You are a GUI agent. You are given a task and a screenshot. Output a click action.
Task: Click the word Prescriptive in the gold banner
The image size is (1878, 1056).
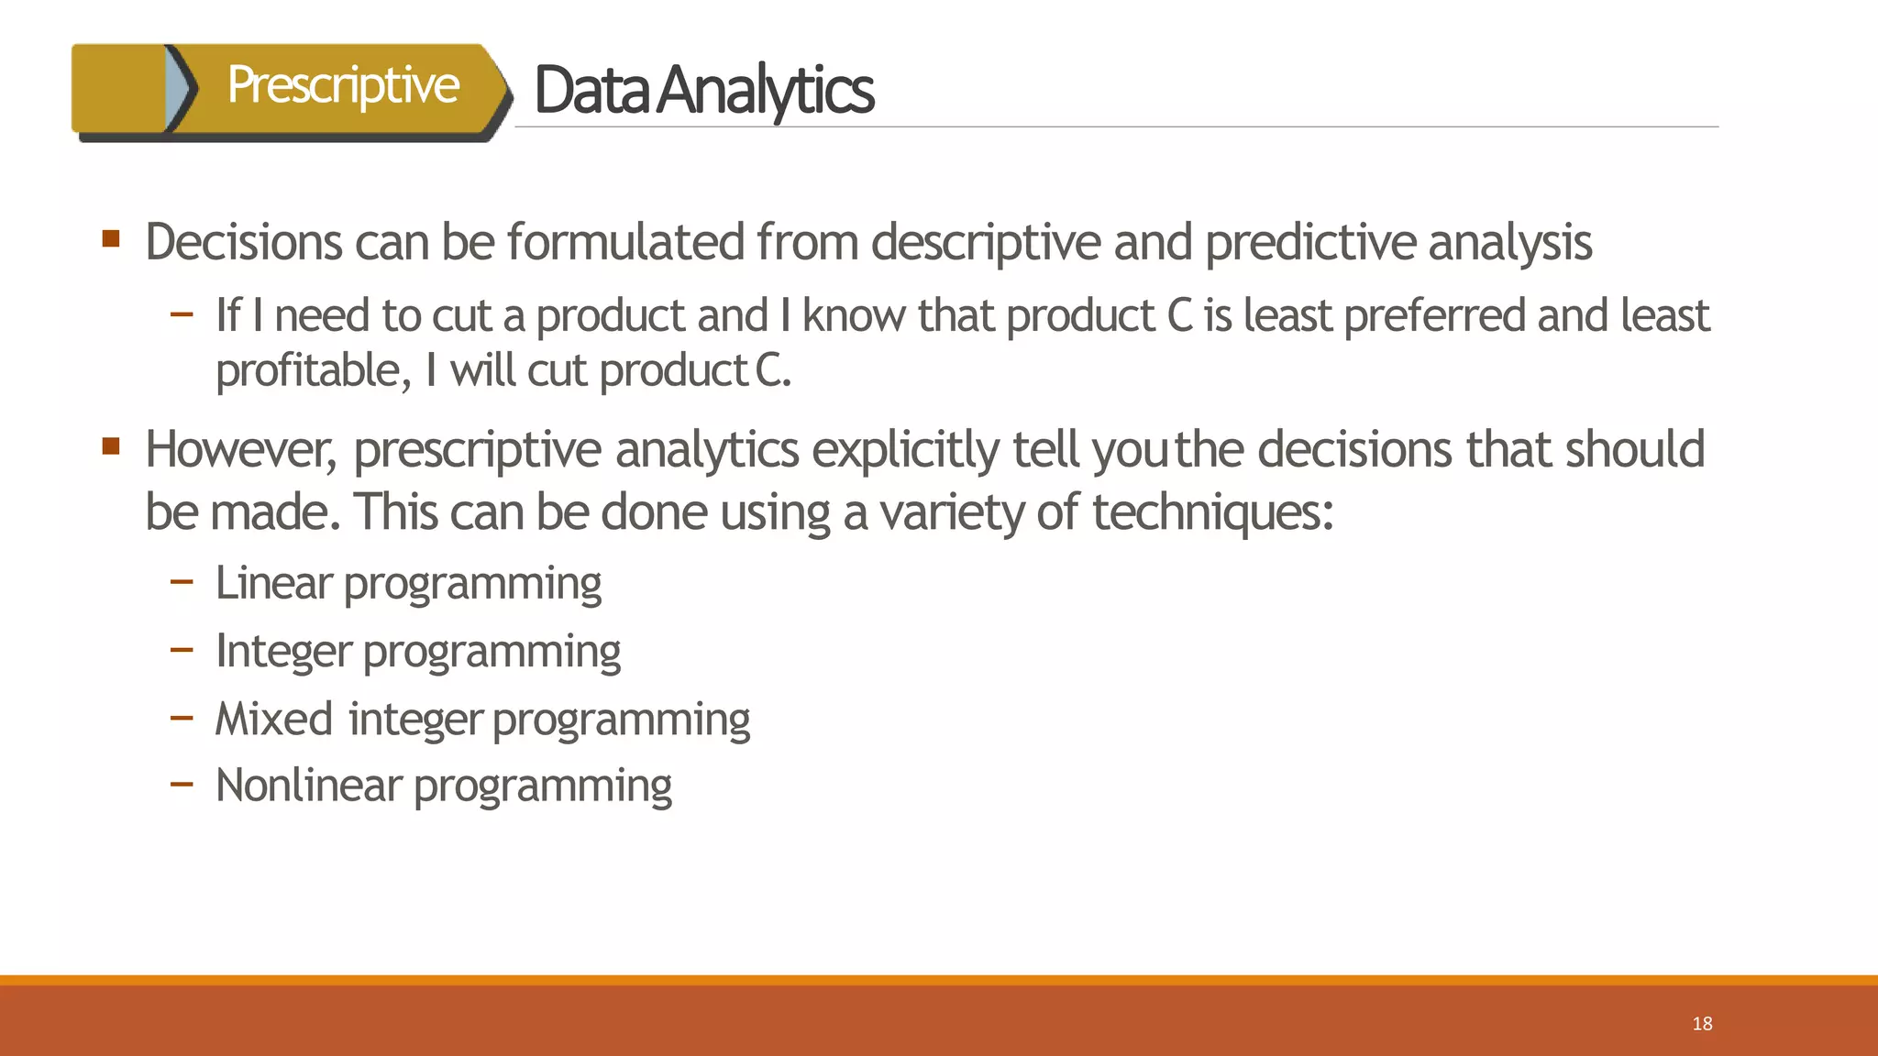[342, 85]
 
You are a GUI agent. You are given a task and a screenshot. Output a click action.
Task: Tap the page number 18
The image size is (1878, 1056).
[1702, 1023]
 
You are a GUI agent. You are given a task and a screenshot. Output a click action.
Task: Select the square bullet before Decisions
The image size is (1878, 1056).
[111, 240]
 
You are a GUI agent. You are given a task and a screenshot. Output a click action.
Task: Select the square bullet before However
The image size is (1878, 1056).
[111, 446]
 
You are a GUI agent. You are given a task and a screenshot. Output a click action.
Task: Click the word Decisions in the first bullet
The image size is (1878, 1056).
[242, 242]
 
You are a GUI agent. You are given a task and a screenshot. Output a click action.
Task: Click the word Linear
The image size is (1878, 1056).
[272, 583]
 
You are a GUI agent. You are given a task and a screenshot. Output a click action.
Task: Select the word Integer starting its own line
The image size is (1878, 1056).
[283, 651]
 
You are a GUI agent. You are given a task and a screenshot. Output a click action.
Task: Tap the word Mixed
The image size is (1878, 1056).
[273, 719]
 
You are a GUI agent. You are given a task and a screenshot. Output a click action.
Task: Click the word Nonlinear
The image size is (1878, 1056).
[308, 786]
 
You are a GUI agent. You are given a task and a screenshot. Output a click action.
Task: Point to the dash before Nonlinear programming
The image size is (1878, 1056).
[182, 784]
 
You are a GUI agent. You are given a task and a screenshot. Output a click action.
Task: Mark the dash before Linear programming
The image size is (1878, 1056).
[182, 581]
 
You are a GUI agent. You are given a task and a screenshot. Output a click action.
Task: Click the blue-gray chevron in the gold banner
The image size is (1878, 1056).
[180, 88]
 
